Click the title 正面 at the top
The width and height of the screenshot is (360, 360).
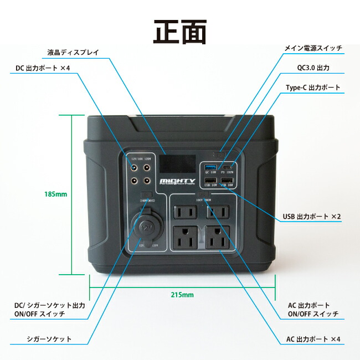(x=179, y=32)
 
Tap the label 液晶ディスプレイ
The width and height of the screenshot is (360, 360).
(x=73, y=53)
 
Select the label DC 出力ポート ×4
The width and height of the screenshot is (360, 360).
(x=42, y=68)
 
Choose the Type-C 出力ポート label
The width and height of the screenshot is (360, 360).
(x=313, y=88)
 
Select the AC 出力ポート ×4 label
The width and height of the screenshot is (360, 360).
(x=313, y=339)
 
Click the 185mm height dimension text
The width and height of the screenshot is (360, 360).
(x=55, y=194)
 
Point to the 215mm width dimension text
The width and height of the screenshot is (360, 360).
(x=182, y=295)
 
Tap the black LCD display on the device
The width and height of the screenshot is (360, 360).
(x=178, y=164)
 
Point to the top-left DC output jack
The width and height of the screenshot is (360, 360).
(x=134, y=167)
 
